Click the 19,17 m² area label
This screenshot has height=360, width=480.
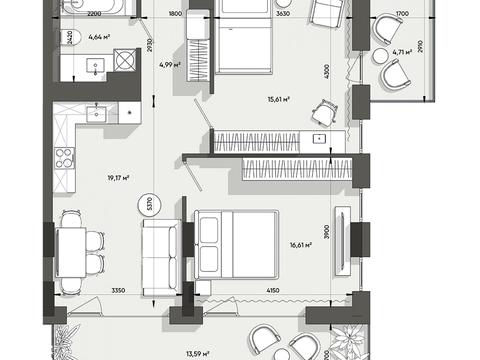click(x=118, y=178)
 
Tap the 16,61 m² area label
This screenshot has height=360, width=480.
click(x=301, y=245)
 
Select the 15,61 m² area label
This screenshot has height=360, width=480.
click(x=278, y=99)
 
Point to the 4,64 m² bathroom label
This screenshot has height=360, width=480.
click(x=99, y=37)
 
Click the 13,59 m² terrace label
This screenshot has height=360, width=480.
click(x=198, y=353)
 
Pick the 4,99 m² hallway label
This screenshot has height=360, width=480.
click(x=170, y=65)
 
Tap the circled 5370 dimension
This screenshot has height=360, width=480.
click(x=149, y=204)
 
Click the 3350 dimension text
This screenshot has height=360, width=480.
click(x=118, y=291)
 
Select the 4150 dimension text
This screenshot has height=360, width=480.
click(x=273, y=291)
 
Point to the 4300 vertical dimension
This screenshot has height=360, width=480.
click(x=326, y=71)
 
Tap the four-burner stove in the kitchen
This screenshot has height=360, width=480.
click(x=65, y=158)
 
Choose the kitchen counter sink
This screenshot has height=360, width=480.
click(x=97, y=114)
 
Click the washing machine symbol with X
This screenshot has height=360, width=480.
click(x=125, y=60)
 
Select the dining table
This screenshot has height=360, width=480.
click(x=71, y=252)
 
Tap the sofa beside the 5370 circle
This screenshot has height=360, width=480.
click(x=160, y=258)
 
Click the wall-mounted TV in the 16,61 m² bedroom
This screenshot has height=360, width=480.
click(x=343, y=241)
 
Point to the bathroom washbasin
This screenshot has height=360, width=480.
click(x=96, y=66)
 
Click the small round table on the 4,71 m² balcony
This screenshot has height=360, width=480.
click(x=380, y=56)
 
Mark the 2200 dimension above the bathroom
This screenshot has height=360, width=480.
click(x=94, y=14)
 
